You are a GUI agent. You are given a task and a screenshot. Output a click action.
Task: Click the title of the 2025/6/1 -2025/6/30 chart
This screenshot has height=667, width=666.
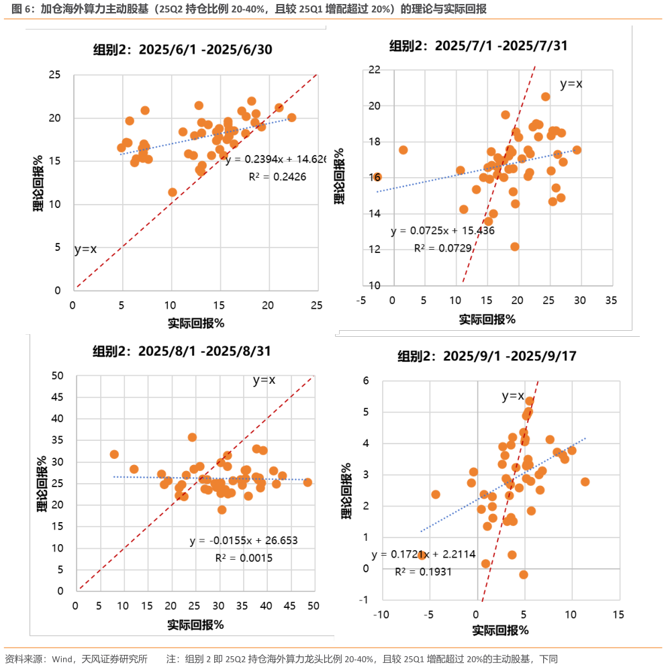click(182, 49)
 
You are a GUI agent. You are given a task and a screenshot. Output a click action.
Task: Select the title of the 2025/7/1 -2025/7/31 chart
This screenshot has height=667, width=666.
click(478, 46)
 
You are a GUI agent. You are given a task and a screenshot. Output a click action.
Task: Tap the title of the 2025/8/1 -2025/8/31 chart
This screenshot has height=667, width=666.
click(182, 351)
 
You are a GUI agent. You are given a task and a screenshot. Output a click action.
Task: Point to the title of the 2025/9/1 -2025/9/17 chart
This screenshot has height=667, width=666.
click(478, 356)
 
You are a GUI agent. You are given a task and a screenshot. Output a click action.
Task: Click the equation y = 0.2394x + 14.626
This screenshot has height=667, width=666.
click(276, 160)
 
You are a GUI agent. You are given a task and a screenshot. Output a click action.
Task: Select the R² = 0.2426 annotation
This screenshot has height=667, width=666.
click(274, 177)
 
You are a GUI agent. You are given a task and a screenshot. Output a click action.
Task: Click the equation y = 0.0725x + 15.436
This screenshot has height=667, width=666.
click(442, 231)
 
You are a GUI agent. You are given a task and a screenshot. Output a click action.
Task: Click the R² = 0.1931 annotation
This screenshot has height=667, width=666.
click(423, 572)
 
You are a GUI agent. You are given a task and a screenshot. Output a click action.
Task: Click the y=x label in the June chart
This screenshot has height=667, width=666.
click(85, 249)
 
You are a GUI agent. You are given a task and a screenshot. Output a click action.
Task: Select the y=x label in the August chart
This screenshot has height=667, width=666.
click(264, 380)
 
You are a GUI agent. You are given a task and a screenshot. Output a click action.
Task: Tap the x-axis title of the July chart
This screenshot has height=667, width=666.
click(487, 319)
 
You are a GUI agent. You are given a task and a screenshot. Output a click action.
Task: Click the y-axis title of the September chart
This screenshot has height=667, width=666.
click(347, 491)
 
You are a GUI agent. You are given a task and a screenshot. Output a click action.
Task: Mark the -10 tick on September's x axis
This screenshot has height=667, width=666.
click(381, 614)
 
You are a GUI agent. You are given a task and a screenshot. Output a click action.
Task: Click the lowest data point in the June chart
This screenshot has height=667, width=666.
click(173, 192)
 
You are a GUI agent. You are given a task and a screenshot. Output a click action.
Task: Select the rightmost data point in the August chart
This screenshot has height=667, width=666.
click(307, 482)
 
